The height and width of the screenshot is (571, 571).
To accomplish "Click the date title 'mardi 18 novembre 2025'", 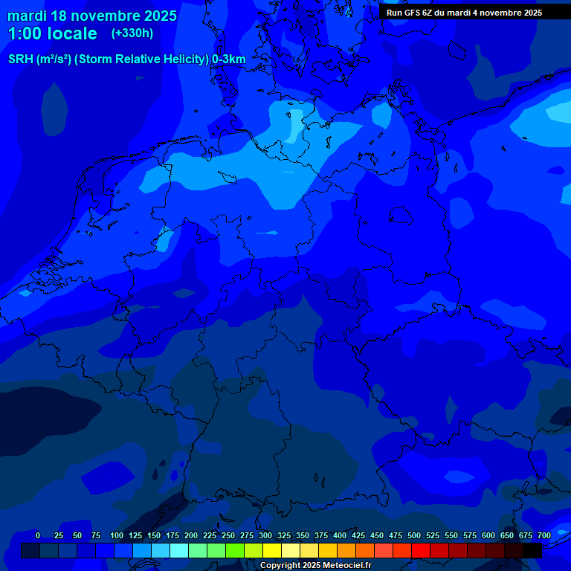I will pos(92,16).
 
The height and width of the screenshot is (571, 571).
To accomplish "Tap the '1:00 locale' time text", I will pos(52,33).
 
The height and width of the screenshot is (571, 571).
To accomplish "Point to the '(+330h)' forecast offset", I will pos(132,33).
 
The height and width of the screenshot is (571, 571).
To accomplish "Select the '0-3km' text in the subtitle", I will pos(229,59).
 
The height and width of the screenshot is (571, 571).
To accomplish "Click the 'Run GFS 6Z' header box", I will pos(464,13).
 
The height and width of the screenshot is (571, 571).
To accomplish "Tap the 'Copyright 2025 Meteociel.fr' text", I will pos(315,566).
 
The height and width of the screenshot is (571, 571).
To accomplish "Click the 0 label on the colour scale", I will pos(38,535).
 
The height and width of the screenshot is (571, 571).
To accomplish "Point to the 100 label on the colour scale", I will pos(117,535).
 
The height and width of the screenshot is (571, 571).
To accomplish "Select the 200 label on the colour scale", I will pos(191,535).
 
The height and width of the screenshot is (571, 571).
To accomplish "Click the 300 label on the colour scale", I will pos(265,535).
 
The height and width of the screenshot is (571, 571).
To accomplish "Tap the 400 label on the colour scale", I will pos(340,535).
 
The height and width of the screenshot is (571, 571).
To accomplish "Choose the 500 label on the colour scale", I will pos(414,535).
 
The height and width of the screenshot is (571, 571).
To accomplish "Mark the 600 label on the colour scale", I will pos(488,535).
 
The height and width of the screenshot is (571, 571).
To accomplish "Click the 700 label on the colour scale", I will pos(543,535).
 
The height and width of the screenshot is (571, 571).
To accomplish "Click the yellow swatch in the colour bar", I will pos(272,550).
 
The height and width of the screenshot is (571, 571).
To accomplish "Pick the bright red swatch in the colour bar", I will pos(421,550).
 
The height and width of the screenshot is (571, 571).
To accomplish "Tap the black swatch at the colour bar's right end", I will pos(532,550).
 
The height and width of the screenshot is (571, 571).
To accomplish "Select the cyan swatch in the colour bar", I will pos(179,550).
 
